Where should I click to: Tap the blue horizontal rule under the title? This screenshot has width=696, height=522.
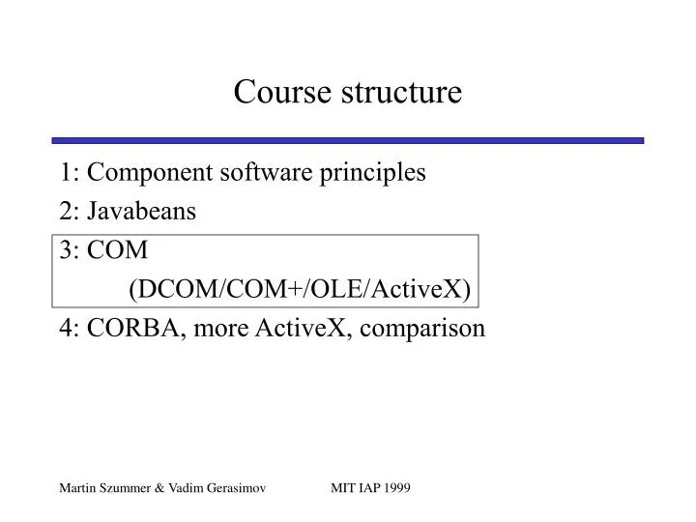(x=348, y=140)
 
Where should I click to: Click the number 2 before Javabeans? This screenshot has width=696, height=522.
(x=65, y=212)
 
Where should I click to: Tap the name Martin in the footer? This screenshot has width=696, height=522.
(x=74, y=489)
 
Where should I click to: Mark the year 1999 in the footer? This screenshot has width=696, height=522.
(x=397, y=489)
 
